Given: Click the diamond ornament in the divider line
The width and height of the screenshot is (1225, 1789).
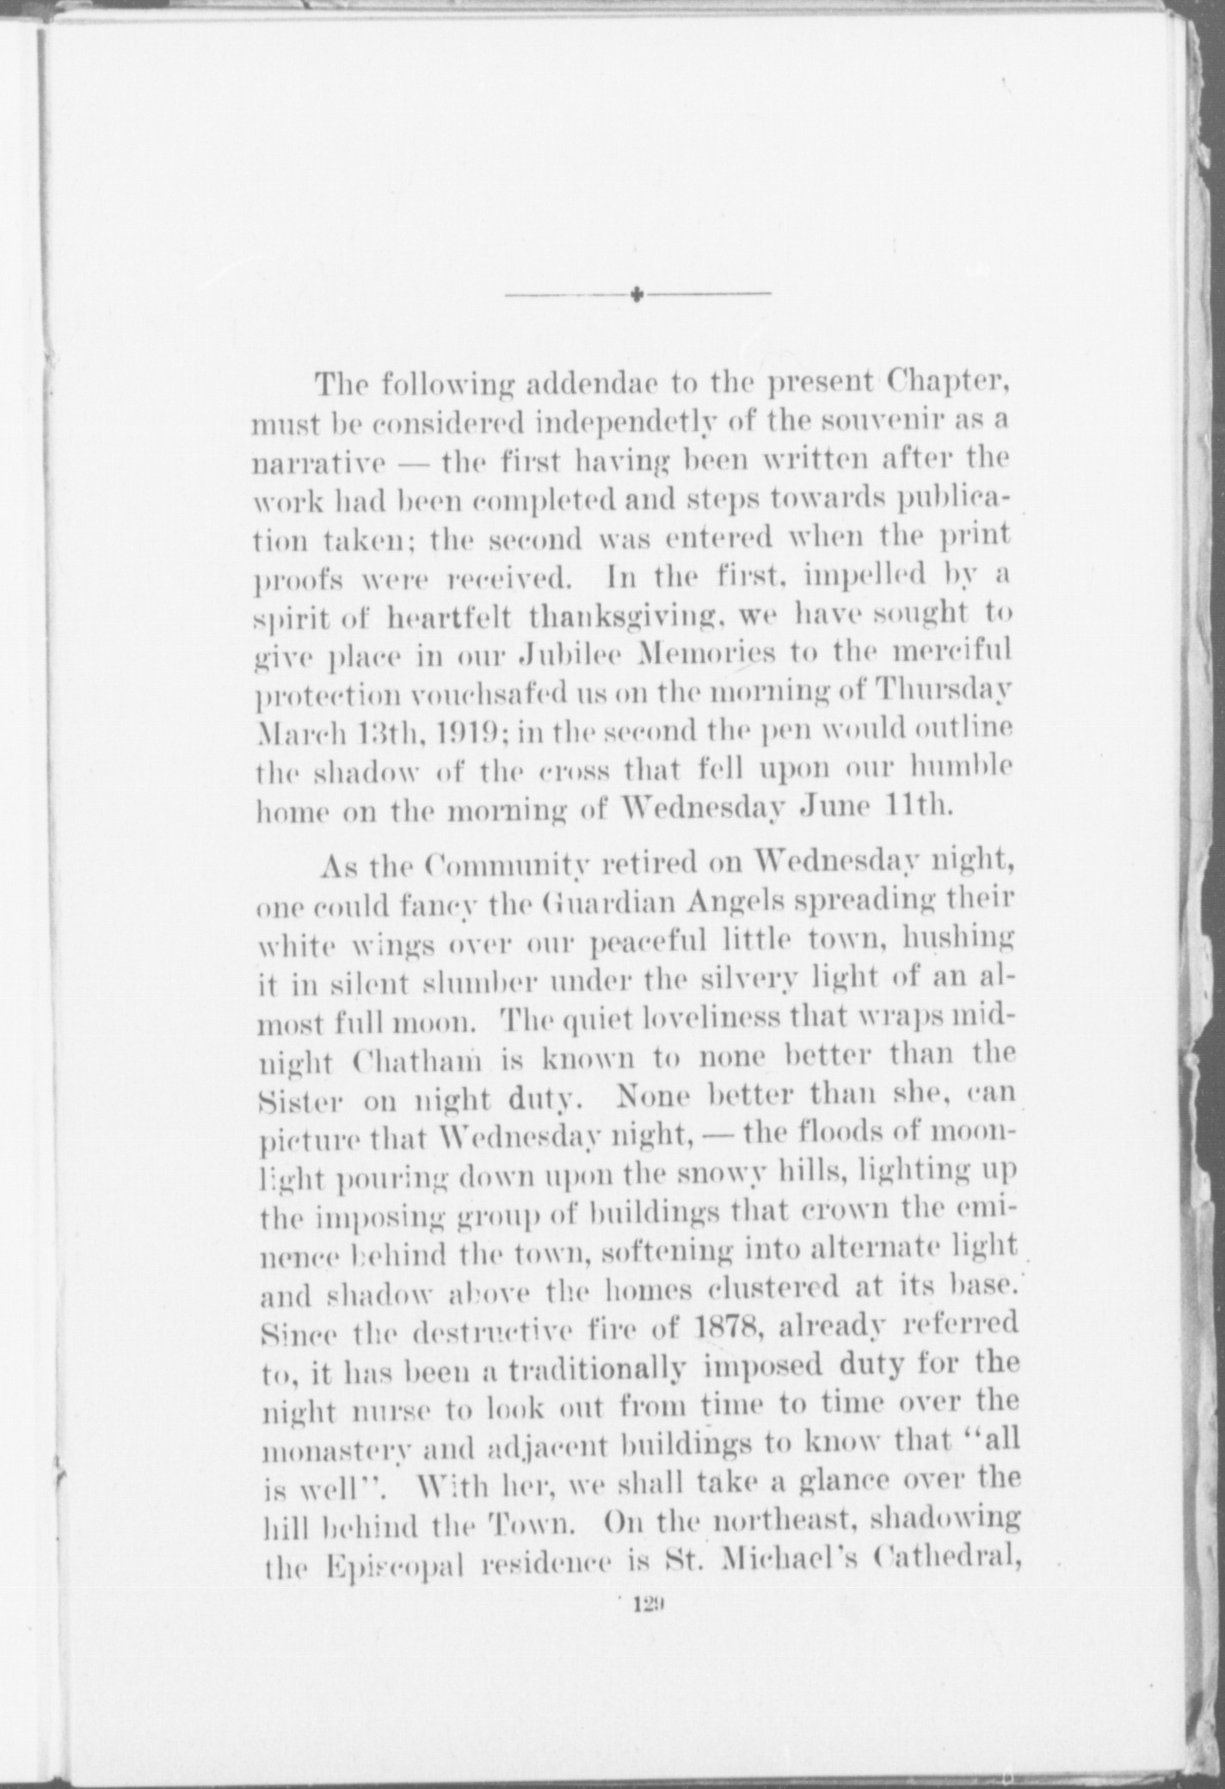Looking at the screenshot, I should coord(637,295).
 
